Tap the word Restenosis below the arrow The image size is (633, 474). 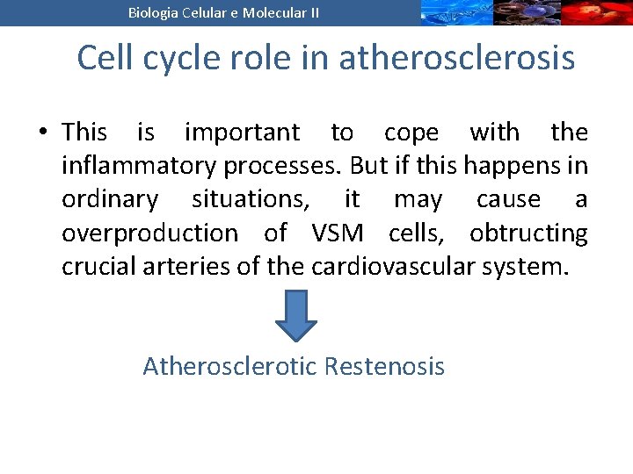coord(384,366)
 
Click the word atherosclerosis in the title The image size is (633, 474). coord(456,58)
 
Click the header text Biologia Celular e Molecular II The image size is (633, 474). coord(224,12)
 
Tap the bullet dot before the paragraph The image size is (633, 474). coord(41,133)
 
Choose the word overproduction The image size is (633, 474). coord(149,233)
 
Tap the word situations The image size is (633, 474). coord(251,200)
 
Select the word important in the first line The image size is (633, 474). coord(242,133)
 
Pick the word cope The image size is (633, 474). coord(411,133)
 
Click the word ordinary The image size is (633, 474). coord(110,200)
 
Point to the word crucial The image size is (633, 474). coord(94,267)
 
